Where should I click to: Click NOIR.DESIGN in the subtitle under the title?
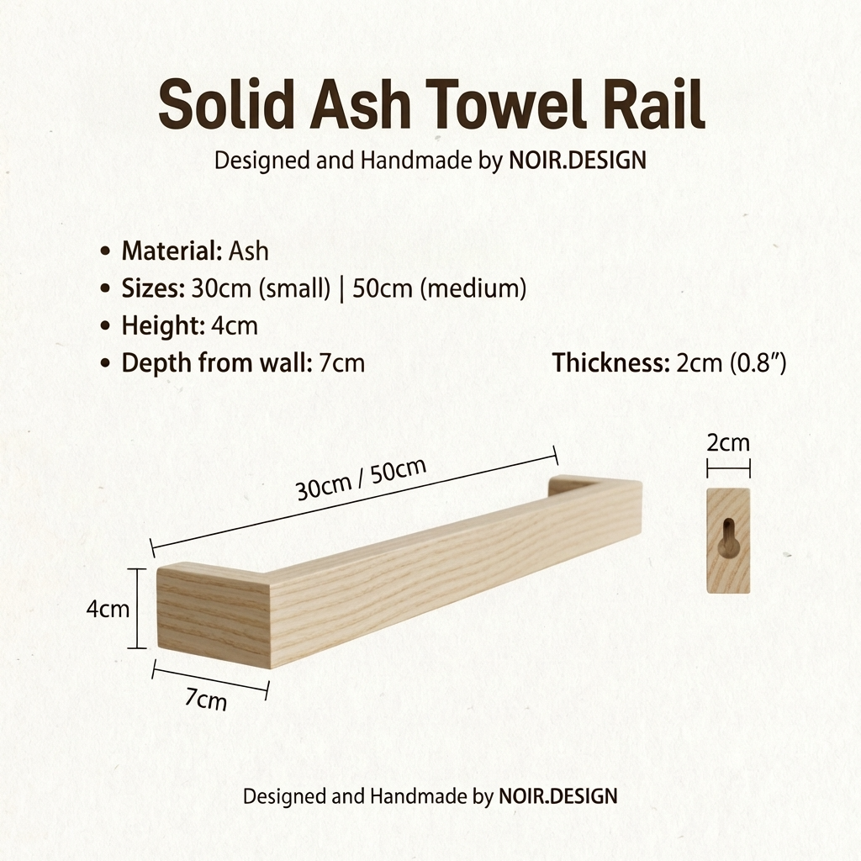pos(578,160)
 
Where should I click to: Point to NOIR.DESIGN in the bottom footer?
pos(557,795)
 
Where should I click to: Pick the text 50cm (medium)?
pos(440,289)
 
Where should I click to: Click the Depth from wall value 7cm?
pos(342,363)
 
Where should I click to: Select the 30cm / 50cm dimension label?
pos(362,479)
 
